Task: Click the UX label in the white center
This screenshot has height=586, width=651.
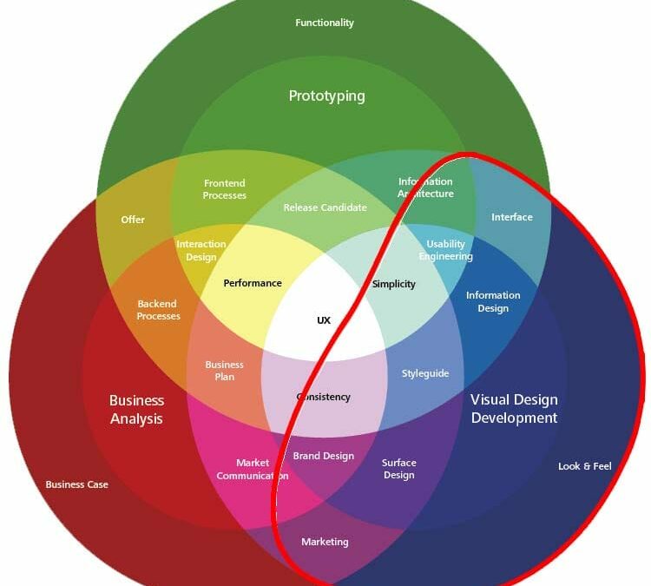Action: tap(324, 320)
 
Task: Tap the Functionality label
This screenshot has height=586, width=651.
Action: tap(325, 23)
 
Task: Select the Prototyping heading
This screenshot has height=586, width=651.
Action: tap(326, 95)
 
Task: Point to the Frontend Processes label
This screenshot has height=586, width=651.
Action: tap(225, 189)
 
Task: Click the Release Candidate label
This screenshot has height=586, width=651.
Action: tap(325, 207)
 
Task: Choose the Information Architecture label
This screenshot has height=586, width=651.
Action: tap(425, 188)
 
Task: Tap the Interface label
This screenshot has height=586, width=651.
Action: tap(512, 217)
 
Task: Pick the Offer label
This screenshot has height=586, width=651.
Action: tap(133, 220)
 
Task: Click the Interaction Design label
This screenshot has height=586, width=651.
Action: tap(201, 251)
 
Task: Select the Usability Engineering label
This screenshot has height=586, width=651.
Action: tap(445, 250)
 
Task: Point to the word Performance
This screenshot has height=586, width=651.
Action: tap(253, 283)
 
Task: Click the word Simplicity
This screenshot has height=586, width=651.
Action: tap(394, 284)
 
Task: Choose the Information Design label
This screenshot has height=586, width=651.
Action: tap(493, 301)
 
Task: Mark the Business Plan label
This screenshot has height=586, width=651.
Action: tap(224, 371)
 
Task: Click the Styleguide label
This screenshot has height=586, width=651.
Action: tap(425, 373)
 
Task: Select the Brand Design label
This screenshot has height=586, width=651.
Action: tap(323, 456)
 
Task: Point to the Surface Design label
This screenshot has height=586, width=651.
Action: tap(399, 469)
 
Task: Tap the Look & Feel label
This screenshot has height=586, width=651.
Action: tap(584, 466)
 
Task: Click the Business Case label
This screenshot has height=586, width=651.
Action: tap(77, 484)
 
